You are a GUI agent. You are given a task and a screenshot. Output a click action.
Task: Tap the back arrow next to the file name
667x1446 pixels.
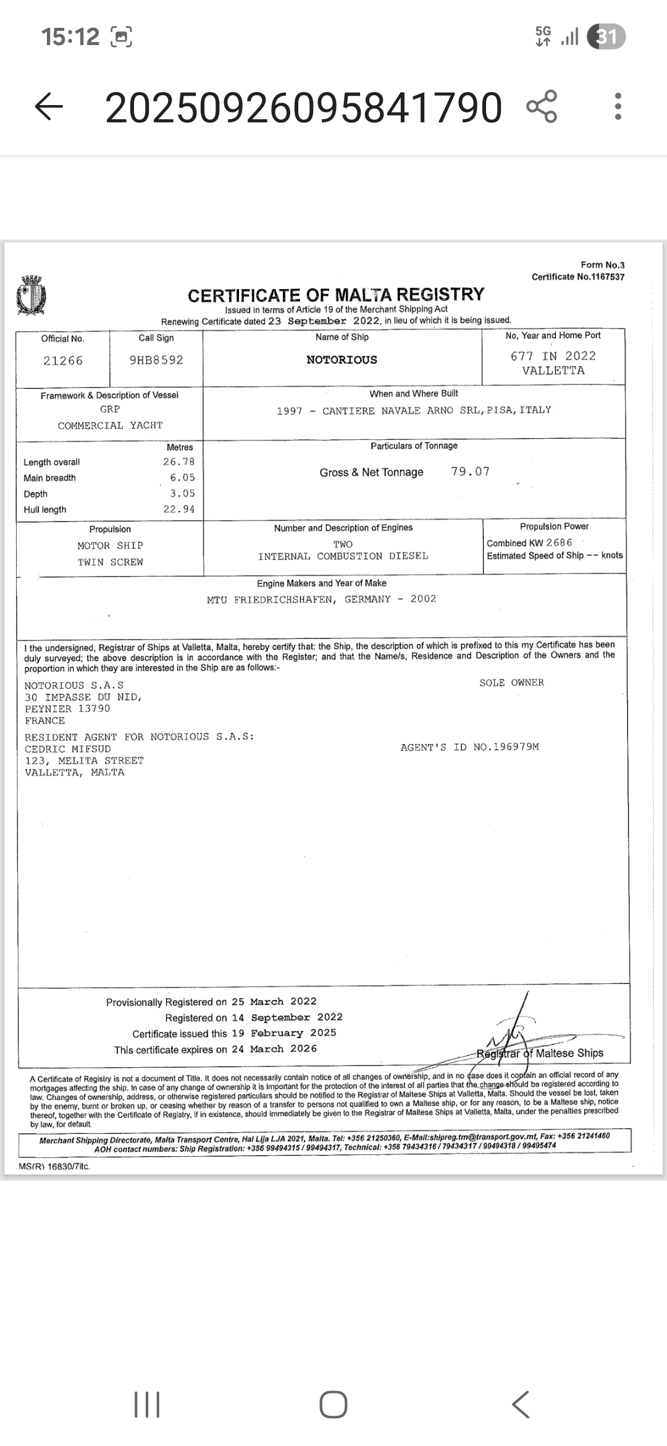(49, 108)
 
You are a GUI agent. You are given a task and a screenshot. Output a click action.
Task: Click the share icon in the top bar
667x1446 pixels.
(542, 106)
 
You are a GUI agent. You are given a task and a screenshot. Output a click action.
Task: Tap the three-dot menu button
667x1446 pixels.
(618, 107)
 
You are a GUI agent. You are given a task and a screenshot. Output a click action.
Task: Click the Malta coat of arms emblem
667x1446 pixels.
(32, 295)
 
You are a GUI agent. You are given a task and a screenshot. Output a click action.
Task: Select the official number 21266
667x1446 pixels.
(63, 361)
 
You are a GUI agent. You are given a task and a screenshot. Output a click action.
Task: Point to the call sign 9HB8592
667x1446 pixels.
(156, 360)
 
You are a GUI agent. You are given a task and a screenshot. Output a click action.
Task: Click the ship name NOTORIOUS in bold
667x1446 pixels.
(342, 360)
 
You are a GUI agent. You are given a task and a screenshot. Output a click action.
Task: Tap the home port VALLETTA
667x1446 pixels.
(553, 371)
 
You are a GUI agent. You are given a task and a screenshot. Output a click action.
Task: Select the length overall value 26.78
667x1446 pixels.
(179, 462)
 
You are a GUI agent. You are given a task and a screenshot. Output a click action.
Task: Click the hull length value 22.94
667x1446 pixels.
(179, 509)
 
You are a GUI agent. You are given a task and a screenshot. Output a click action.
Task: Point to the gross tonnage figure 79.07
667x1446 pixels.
(470, 471)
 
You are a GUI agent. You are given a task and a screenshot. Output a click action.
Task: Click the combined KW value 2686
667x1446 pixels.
(560, 543)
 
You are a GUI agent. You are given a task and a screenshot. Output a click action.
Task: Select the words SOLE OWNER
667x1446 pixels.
(511, 683)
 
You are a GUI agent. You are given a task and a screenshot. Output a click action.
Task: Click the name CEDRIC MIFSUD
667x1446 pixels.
(68, 749)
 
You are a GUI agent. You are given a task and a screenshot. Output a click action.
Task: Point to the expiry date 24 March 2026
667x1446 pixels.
(275, 1049)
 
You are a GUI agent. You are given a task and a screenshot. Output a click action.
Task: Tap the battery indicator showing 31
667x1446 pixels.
(606, 37)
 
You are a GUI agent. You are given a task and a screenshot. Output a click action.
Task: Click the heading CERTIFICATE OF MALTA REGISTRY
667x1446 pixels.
(336, 295)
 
